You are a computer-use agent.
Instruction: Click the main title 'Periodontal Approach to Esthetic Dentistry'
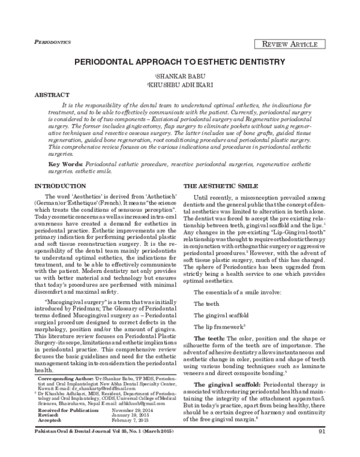click(180, 62)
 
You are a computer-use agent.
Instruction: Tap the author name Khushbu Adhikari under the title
click(179, 85)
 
